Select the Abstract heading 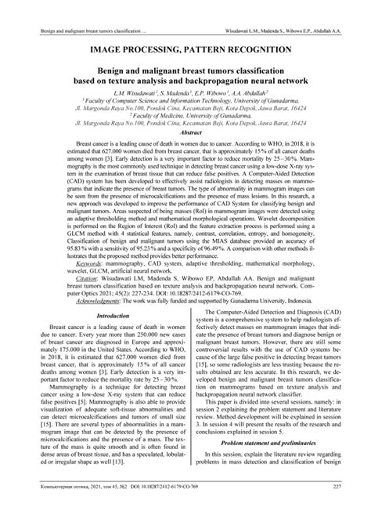coord(185,133)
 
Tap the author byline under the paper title coord(185,92)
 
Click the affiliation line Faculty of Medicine coord(185,114)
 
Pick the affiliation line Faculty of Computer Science coord(185,100)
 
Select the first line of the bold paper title coord(185,69)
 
